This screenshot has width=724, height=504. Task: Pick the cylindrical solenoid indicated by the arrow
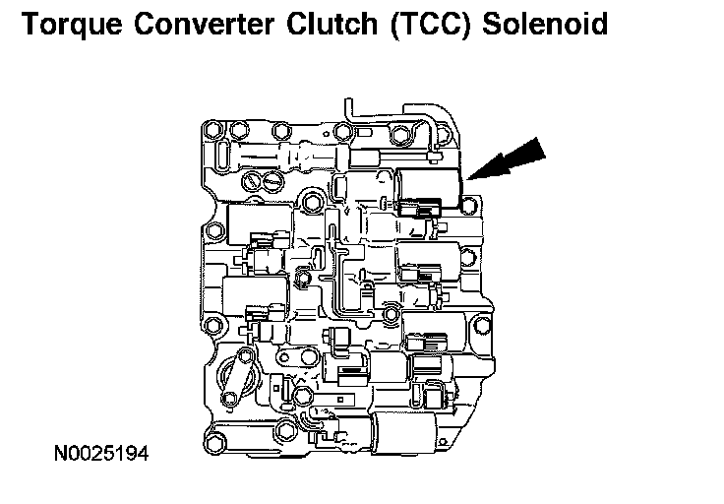coord(432,184)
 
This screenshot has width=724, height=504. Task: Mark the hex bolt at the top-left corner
coord(211,129)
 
